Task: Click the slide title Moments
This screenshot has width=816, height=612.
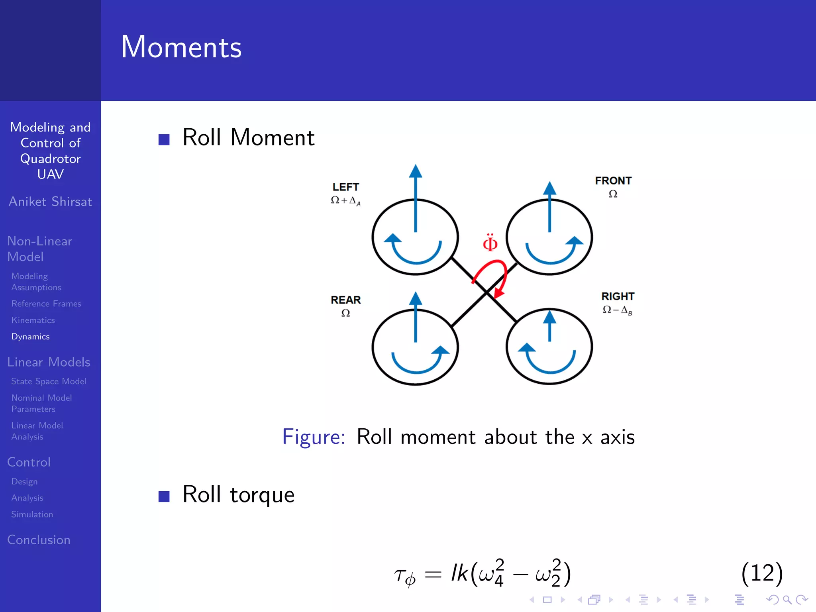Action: click(181, 47)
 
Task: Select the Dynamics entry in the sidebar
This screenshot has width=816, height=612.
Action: click(31, 337)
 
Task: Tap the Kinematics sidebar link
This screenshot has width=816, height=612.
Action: click(33, 320)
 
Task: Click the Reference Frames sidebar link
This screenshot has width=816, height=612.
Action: click(46, 304)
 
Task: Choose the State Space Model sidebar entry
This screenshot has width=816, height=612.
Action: click(49, 381)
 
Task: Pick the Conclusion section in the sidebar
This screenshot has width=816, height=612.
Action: click(39, 540)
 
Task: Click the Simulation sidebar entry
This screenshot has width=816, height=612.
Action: click(32, 514)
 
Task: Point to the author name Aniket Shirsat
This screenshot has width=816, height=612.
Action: click(50, 202)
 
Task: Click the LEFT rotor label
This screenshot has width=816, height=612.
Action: click(346, 187)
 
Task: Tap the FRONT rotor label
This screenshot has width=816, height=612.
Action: click(613, 181)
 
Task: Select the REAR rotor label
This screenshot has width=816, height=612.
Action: click(345, 300)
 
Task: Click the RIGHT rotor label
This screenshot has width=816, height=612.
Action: click(618, 296)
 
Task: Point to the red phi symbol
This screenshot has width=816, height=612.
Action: click(490, 243)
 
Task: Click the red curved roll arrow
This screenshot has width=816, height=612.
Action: click(498, 275)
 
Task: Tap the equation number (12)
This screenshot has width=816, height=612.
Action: click(762, 573)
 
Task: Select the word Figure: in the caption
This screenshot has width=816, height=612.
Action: click(314, 437)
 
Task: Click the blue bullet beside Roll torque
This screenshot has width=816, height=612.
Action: click(164, 496)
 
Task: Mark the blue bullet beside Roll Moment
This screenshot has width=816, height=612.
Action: click(164, 139)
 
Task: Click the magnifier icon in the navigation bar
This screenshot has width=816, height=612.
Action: click(787, 600)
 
